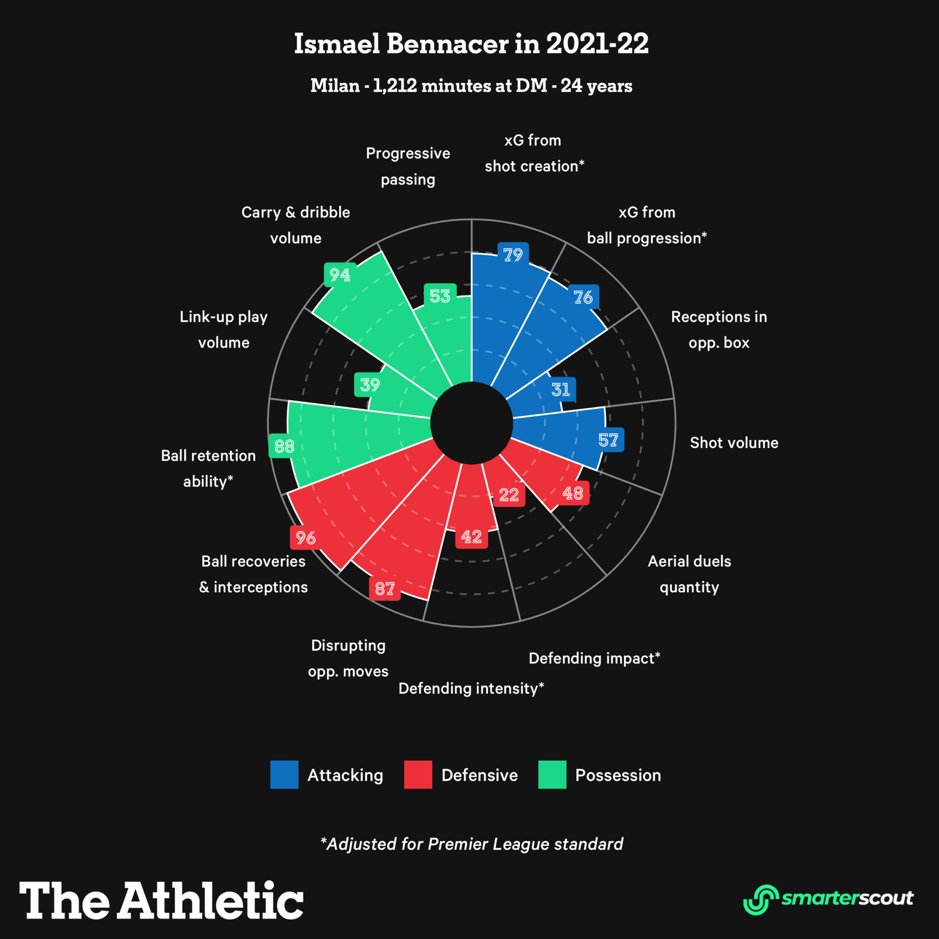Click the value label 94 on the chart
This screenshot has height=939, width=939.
(x=340, y=275)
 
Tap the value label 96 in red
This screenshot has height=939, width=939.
(x=306, y=537)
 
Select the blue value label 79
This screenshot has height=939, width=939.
(x=513, y=254)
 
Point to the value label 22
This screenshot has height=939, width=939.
(x=509, y=495)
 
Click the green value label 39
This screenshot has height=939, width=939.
(x=370, y=384)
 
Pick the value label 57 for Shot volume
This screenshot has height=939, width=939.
(x=608, y=440)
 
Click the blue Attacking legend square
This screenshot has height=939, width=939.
(x=284, y=775)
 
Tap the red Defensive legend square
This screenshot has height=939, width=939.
(x=418, y=775)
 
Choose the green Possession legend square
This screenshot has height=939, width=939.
(x=552, y=775)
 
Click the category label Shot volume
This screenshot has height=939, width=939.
(x=734, y=443)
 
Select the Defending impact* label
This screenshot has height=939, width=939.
(x=594, y=658)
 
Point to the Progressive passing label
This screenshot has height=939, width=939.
(x=408, y=166)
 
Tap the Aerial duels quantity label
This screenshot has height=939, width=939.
(x=689, y=574)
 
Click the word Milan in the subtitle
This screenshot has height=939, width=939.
(x=335, y=86)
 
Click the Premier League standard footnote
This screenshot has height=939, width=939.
(x=471, y=844)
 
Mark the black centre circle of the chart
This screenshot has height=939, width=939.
(x=471, y=423)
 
